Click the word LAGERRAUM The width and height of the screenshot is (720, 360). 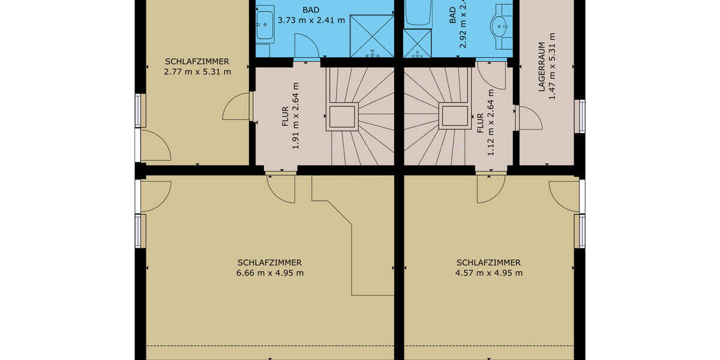(x=541, y=66)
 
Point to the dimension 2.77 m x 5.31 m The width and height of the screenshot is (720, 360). (x=197, y=72)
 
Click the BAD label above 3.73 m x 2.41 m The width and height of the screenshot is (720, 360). (x=311, y=10)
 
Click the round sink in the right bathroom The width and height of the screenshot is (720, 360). (x=500, y=26)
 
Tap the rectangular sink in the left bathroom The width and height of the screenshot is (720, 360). (x=264, y=24)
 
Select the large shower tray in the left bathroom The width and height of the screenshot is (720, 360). (x=370, y=35)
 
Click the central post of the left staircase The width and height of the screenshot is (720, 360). (x=342, y=116)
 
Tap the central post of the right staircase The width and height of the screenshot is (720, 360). (x=455, y=116)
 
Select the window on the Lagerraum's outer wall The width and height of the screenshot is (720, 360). (x=580, y=116)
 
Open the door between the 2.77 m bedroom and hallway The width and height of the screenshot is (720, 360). (x=236, y=107)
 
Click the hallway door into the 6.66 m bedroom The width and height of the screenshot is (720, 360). (x=281, y=187)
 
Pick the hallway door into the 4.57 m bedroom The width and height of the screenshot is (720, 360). (x=491, y=188)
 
